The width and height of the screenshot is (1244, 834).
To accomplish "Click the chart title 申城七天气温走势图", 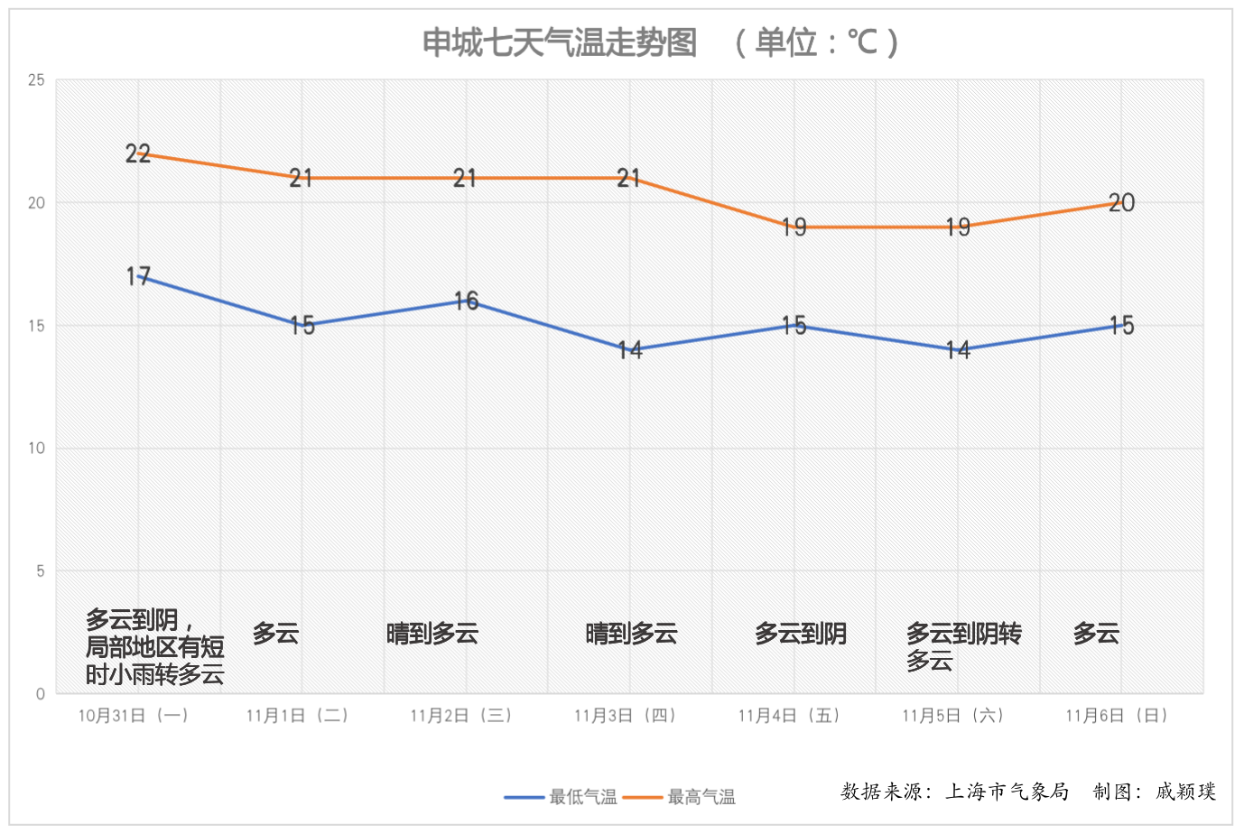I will (x=560, y=42).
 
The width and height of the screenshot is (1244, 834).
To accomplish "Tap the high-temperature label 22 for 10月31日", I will (x=138, y=153).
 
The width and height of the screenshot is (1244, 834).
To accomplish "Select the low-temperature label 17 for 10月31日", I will (x=138, y=276).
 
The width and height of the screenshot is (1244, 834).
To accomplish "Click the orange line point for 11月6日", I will (x=1121, y=203).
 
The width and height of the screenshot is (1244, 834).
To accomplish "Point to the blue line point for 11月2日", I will (x=466, y=301).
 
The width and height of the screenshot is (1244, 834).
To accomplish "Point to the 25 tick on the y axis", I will (x=36, y=80).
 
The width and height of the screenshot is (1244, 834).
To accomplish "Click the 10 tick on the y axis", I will (x=36, y=449).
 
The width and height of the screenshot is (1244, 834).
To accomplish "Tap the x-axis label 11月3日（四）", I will (x=625, y=716).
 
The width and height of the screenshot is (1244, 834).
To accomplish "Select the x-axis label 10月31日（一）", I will (x=134, y=716).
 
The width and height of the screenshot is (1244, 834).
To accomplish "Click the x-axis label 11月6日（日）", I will (x=1117, y=716).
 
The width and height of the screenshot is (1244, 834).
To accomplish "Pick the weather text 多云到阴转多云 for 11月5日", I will (x=963, y=646).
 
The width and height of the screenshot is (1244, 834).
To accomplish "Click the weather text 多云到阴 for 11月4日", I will (x=801, y=634).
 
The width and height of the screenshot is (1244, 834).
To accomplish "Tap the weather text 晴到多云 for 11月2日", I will (x=432, y=634).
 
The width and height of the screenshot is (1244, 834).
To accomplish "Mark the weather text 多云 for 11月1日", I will (x=275, y=634).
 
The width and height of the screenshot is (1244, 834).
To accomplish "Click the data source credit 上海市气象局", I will (x=1007, y=792).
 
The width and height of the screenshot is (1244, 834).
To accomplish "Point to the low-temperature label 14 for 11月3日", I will (x=630, y=349).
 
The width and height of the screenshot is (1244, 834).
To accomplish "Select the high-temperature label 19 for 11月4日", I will (x=794, y=227).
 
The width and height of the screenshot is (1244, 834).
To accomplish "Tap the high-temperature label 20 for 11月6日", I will (x=1121, y=203).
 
